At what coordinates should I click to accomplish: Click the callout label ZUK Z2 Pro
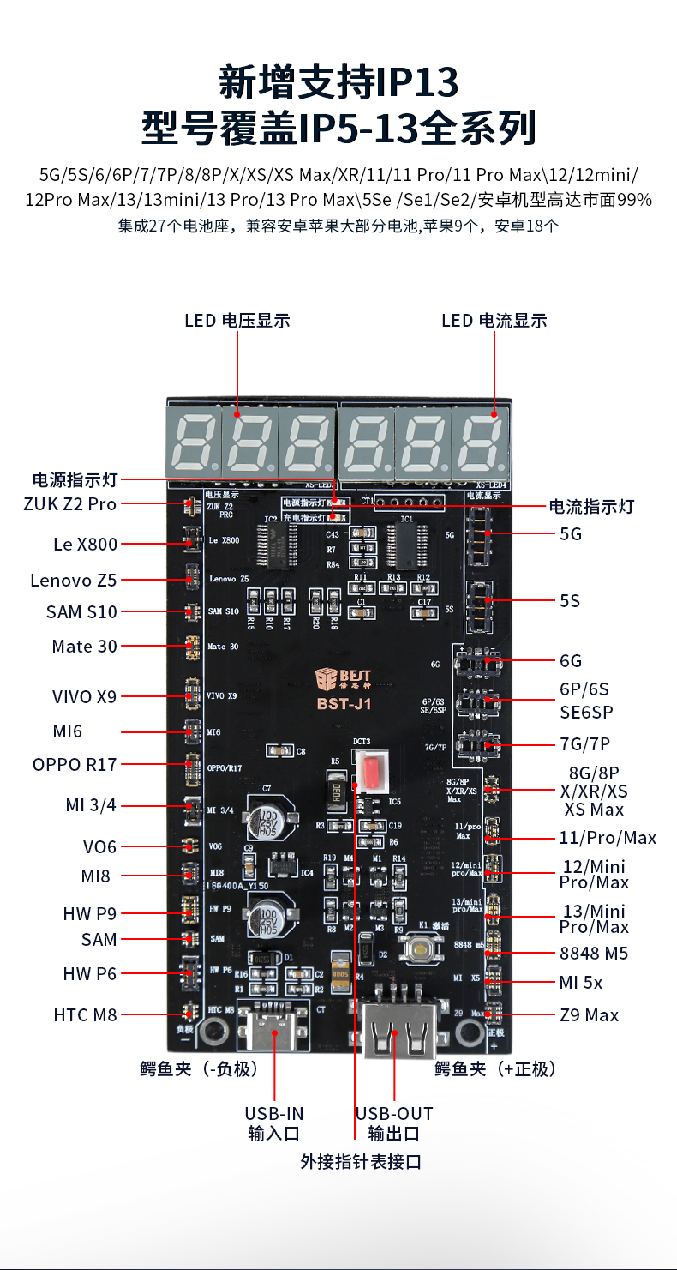[x=69, y=504]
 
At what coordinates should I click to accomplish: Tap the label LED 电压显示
[x=237, y=321]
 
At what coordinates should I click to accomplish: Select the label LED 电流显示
[x=494, y=321]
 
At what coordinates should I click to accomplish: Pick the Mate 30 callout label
[x=84, y=647]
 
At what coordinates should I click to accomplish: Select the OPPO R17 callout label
[x=75, y=764]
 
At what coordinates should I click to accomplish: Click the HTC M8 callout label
[x=85, y=1015]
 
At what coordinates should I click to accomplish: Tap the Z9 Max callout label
[x=589, y=1015]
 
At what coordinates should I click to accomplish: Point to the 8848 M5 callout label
[x=594, y=954]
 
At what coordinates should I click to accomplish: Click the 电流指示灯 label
[x=591, y=506]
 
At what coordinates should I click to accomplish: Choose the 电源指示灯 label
[x=75, y=479]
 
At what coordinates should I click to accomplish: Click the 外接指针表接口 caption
[x=361, y=1162]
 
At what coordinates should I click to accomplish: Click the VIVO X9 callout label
[x=83, y=697]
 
